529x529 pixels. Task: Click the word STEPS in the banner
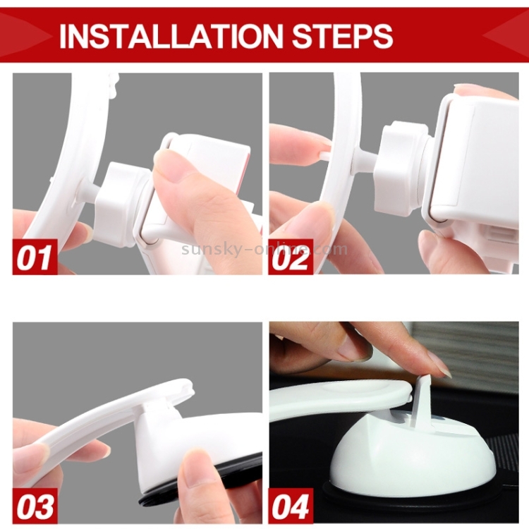[342, 35]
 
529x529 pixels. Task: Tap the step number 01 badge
[35, 257]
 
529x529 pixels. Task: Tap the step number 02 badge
[291, 257]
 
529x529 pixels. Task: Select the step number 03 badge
[35, 506]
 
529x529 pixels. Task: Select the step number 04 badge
[291, 506]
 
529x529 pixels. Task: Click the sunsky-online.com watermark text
[264, 249]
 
